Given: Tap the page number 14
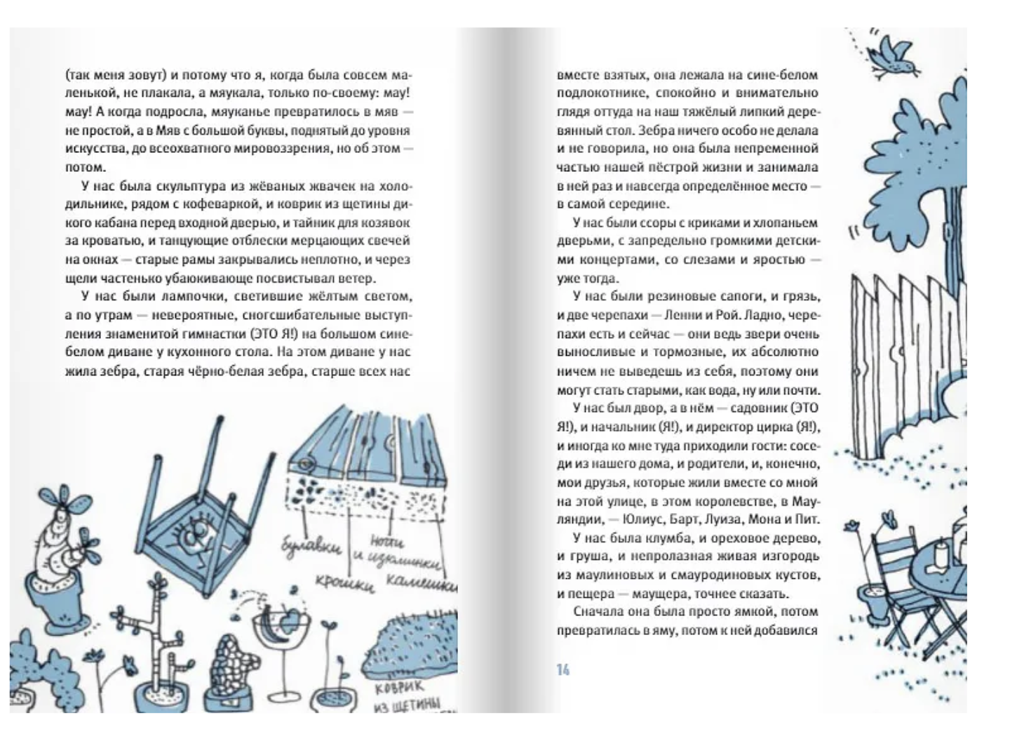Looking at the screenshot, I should click(563, 669).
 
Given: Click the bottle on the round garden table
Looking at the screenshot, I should click(942, 554).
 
